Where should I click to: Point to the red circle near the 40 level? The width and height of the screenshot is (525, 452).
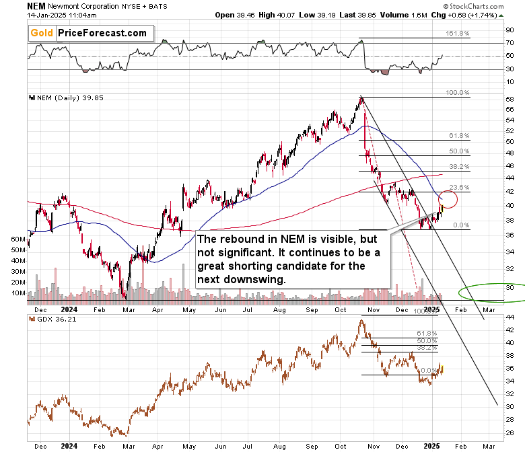tap(448, 199)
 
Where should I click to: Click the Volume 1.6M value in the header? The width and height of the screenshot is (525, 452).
tap(378, 13)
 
